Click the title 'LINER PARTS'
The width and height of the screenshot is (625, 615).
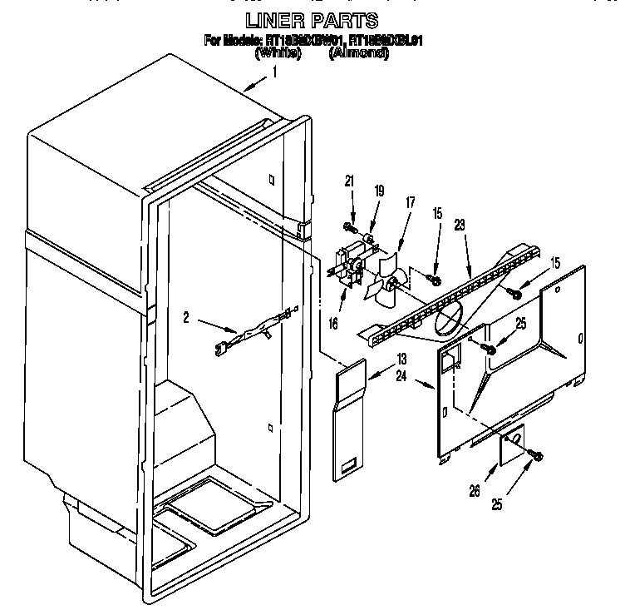point(312,20)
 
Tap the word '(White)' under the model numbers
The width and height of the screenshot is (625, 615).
point(278,52)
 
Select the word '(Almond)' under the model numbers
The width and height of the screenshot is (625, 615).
point(358,52)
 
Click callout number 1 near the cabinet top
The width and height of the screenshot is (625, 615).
point(274,72)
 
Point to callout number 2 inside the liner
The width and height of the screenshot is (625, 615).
point(188,316)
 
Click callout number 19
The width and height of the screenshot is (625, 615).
point(379,192)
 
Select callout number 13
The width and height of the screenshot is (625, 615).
point(401,360)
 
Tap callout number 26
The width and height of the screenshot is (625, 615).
point(474,492)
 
